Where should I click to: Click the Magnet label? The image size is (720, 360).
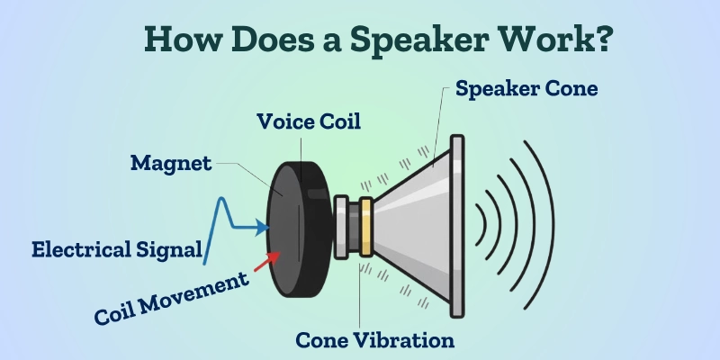(x=171, y=163)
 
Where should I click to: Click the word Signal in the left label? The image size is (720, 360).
(x=171, y=249)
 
